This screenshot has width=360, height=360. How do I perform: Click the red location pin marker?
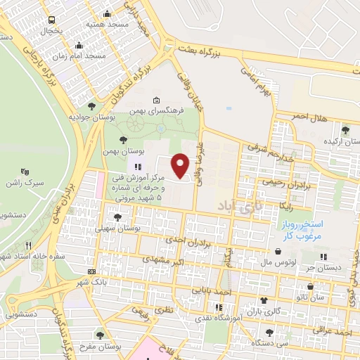[181, 165]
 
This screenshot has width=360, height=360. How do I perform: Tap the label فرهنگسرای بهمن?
[160, 111]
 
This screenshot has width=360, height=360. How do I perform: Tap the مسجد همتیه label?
[108, 24]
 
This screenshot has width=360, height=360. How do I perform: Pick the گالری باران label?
[266, 310]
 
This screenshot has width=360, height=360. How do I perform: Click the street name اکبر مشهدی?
[162, 259]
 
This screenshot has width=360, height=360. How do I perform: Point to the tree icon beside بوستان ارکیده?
[345, 129]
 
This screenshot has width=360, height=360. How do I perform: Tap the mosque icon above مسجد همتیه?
[107, 13]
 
